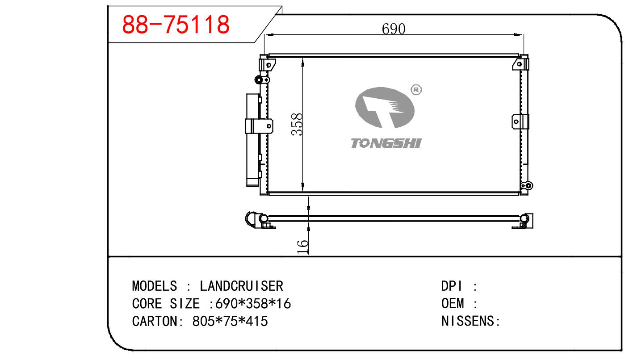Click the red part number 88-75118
pos(176,25)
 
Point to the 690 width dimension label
pos(394,29)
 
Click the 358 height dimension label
pos(297,124)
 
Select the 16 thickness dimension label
pos(302,247)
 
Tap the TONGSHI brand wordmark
pos(386,143)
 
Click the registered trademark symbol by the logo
pos(416,90)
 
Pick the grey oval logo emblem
pos(385,108)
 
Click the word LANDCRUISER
pos(241,286)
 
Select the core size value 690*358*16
pos(253,304)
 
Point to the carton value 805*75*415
pos(230,321)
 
